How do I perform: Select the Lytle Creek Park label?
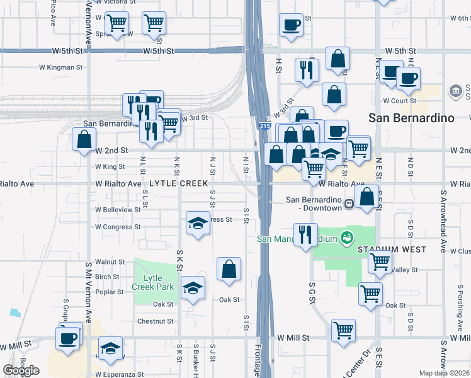(149, 282)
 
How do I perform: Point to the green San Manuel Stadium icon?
(345, 238)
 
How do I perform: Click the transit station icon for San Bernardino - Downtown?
(348, 205)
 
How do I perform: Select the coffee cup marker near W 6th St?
(291, 25)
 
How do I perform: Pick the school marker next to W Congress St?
(198, 223)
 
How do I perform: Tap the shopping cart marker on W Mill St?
(343, 329)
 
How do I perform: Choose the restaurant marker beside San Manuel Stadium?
(305, 234)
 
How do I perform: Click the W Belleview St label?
(118, 209)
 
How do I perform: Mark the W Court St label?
(399, 101)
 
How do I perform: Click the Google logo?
(21, 370)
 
